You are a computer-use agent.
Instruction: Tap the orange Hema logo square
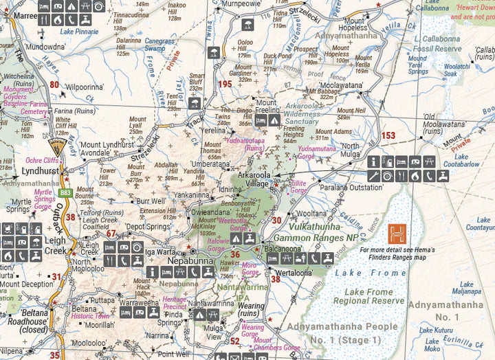397,233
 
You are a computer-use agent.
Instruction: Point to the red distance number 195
224,84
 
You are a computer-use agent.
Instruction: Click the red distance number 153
388,135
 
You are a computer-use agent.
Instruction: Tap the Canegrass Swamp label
159,45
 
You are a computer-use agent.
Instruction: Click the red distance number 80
54,85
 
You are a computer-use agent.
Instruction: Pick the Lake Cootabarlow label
470,161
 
